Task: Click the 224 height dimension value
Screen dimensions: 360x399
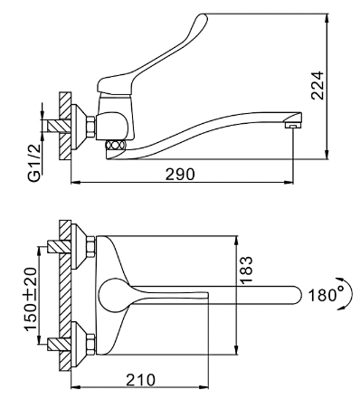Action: coord(317,85)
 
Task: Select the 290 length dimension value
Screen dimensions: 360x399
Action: coord(180,175)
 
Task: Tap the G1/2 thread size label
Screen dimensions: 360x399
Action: coord(35,163)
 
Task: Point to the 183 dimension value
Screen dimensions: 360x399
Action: coord(246,270)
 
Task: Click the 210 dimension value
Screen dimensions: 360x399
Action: coord(141,380)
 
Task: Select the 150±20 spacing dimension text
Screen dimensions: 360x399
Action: coord(31,299)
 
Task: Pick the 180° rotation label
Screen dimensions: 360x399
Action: coord(326,295)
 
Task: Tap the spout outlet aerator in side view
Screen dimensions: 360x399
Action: coord(292,125)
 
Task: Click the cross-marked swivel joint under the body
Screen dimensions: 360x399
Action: coord(115,145)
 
